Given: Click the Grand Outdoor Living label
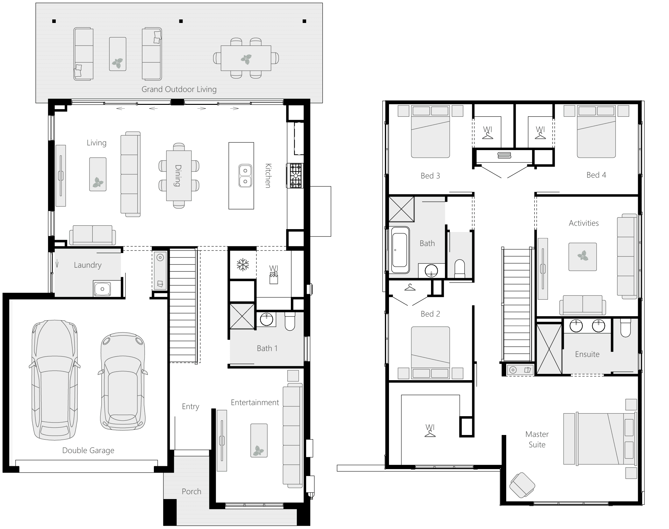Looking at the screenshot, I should pos(179,89).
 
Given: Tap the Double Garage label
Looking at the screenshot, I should pos(88,450).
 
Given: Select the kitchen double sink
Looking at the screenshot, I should pos(245,176).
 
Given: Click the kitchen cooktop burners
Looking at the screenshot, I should pos(295,176).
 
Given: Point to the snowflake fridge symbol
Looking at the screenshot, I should pos(243,265).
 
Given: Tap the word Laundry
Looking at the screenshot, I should pos(88,265).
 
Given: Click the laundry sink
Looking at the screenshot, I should pos(102,289).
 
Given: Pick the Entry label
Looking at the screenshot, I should pos(190,406).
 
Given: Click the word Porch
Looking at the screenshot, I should pos(191,491).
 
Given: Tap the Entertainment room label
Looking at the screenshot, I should pos(255,402).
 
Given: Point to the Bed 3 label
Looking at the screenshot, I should pos(430,176).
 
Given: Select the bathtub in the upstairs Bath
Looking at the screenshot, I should pos(400,250).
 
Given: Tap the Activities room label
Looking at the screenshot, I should pos(584,223).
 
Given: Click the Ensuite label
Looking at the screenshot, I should pos(587,354).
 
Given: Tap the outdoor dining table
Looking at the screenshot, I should pos(246,58).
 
